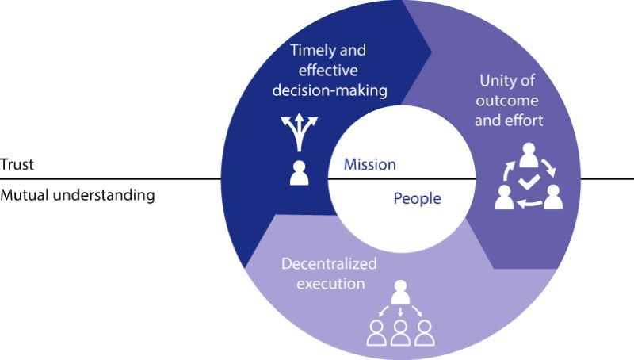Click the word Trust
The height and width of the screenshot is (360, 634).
pos(15,165)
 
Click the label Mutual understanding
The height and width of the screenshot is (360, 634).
pos(77,193)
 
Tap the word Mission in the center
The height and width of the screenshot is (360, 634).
pos(369,165)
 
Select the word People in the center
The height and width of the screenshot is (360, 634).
pos(417,198)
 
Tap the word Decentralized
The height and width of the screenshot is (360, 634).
pos(329,263)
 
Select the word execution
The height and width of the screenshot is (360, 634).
pos(329,282)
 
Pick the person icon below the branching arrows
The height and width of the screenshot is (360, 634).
pos(299,172)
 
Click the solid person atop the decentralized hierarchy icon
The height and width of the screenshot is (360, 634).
pos(399,292)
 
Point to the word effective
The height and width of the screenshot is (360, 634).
pos(329,70)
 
